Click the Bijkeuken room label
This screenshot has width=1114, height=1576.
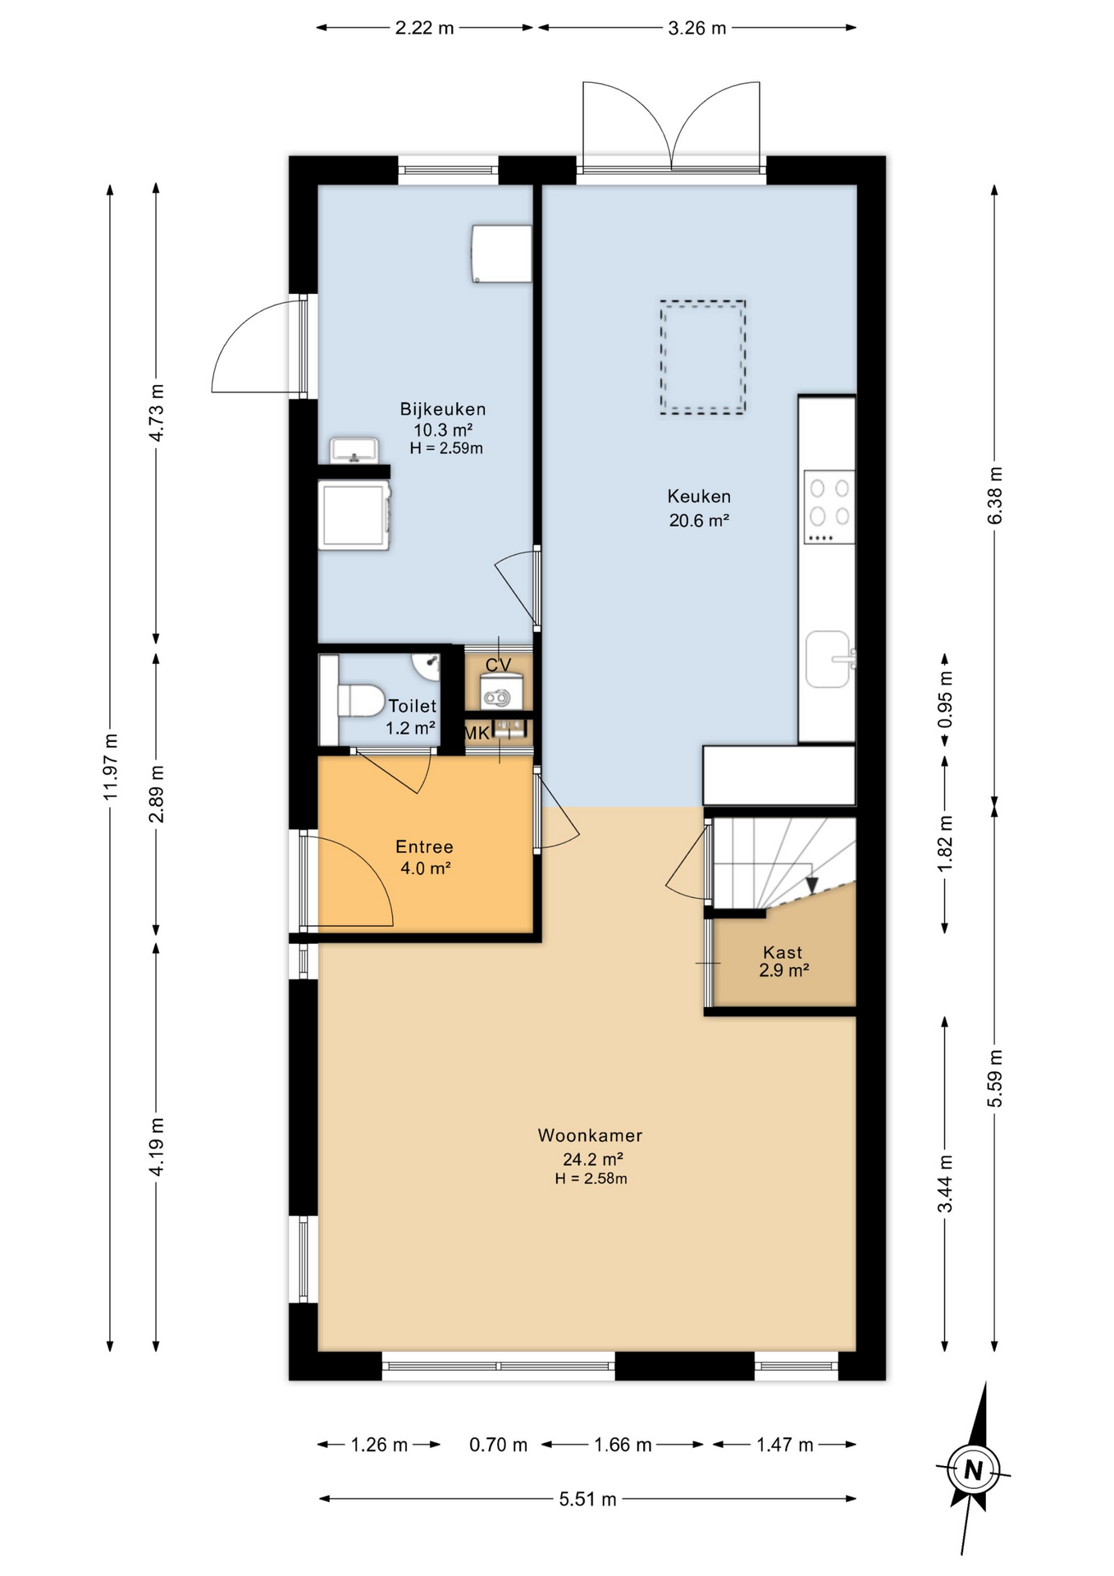pos(442,409)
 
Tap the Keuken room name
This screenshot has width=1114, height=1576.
pos(698,497)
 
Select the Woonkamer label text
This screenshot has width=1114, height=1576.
pos(590,1136)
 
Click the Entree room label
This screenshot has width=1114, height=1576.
pos(424,847)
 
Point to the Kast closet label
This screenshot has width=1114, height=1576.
pos(783,952)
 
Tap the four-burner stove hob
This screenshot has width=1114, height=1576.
pos(829,506)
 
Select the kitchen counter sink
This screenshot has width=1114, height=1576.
pos(829,658)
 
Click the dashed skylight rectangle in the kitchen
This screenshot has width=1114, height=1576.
pos(703,357)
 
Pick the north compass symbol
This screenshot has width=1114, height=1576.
pos(974,1469)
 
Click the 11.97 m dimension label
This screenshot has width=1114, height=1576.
pos(112,767)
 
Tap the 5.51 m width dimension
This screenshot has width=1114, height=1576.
pos(587,1500)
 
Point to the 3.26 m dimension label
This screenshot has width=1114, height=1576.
pos(697,29)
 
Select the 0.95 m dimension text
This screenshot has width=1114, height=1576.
pos(946,699)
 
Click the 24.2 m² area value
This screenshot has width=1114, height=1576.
pos(592,1159)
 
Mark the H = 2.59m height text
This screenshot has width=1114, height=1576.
pos(446,448)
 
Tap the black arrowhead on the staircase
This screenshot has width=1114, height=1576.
pos(812,886)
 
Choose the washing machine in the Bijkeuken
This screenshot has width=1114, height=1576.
pos(354,515)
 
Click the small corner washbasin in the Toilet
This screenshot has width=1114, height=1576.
pos(427,667)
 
